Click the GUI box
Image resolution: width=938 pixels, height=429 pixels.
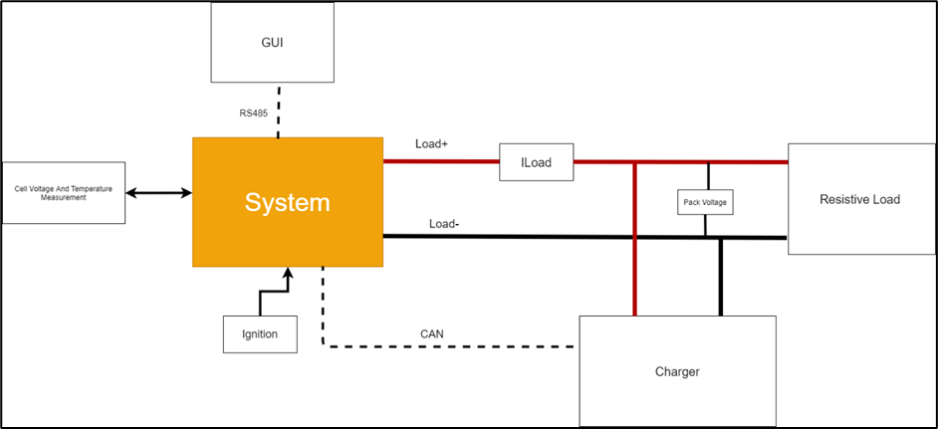click(271, 43)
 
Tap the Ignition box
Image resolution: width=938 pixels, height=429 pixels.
click(260, 334)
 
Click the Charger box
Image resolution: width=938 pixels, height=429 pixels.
click(677, 371)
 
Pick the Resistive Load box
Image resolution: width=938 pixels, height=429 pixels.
click(859, 200)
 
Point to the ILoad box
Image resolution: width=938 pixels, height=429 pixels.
click(536, 161)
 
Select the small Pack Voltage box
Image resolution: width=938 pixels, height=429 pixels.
click(705, 202)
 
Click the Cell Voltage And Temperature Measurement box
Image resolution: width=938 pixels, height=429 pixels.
click(64, 193)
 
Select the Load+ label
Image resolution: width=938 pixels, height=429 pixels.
click(432, 144)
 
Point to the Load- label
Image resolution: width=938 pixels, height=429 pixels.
click(444, 223)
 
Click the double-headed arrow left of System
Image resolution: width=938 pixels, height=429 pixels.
click(158, 193)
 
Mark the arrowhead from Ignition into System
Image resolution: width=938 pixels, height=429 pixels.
click(288, 274)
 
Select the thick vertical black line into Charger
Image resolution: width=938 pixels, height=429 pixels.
click(722, 279)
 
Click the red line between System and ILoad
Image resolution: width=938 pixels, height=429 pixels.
click(440, 161)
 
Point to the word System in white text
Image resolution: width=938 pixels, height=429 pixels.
click(288, 203)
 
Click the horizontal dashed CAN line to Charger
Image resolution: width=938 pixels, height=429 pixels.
click(448, 346)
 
